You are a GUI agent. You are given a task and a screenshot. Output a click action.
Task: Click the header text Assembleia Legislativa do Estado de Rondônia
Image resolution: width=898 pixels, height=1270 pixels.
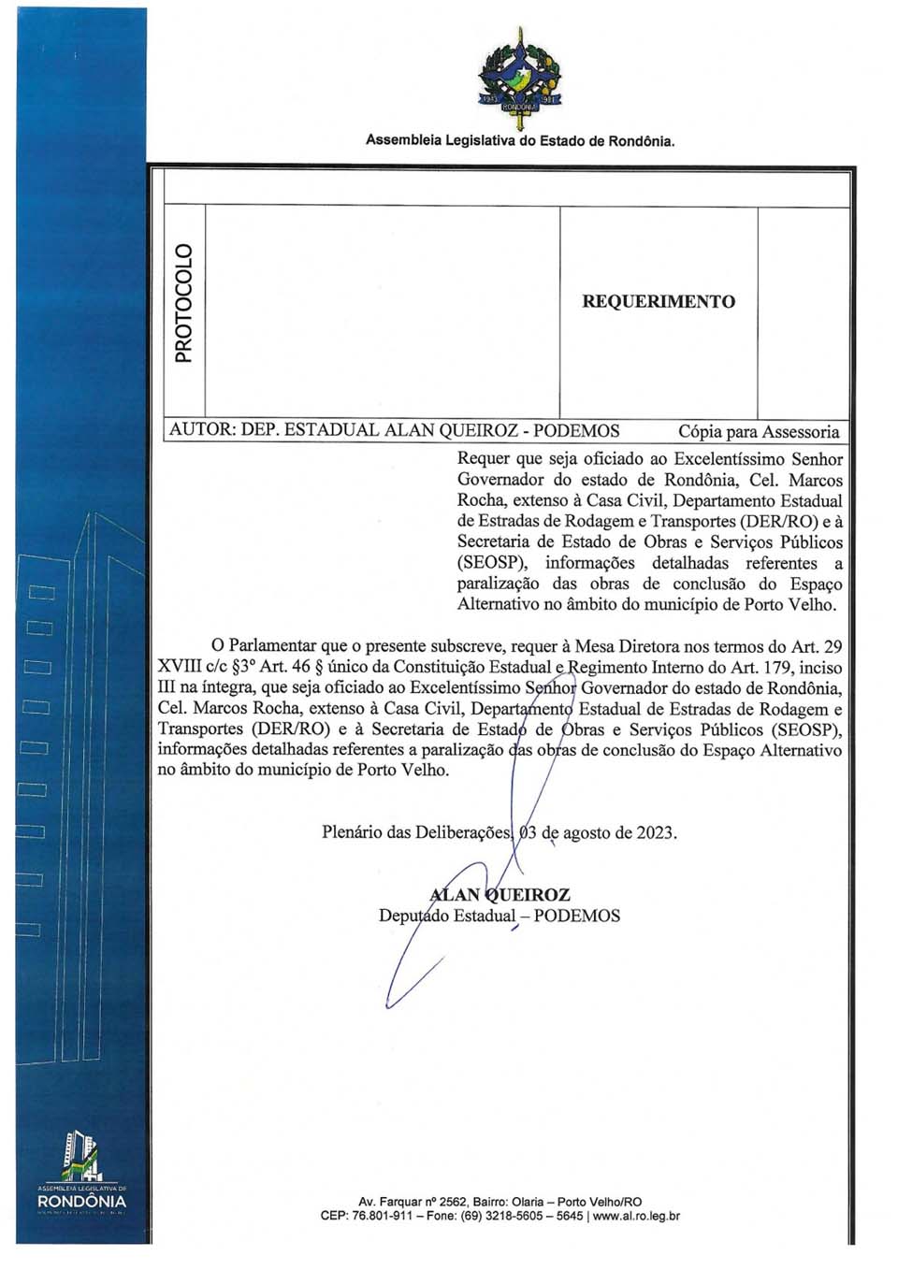tap(519, 141)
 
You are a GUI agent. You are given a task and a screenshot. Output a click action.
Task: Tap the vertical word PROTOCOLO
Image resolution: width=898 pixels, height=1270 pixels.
tap(183, 302)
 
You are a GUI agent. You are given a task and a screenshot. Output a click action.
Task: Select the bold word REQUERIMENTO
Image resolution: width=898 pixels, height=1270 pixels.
tap(659, 302)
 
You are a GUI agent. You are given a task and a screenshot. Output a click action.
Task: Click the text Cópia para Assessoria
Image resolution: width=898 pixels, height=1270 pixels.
tap(758, 432)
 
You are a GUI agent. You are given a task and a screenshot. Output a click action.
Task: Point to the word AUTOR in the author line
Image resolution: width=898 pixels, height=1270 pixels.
tap(200, 431)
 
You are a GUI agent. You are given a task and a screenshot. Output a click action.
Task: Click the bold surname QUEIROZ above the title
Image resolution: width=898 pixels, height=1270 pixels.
tap(527, 895)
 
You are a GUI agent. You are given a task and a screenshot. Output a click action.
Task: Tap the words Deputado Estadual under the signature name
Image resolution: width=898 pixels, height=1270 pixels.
tap(446, 916)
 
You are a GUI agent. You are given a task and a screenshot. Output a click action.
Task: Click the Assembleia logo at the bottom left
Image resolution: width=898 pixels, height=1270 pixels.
tap(81, 1174)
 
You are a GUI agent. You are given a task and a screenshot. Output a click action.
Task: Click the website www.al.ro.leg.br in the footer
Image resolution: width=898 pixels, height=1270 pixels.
tap(636, 1217)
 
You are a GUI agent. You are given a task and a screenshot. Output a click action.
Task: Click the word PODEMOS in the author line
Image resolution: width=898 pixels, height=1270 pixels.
tap(576, 431)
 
